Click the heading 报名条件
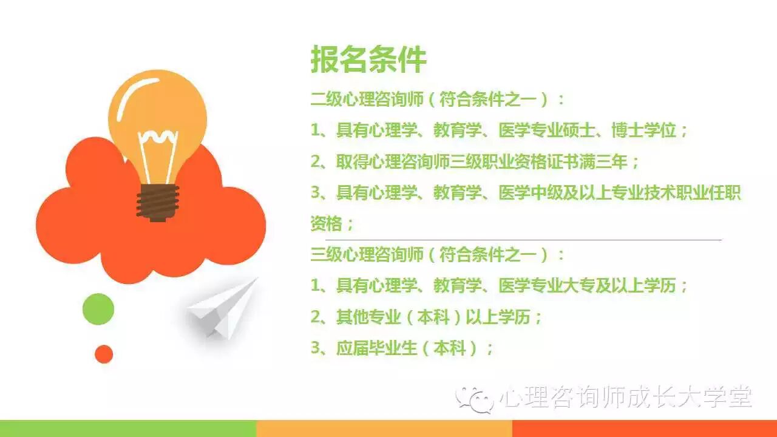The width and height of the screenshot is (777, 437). point(368,59)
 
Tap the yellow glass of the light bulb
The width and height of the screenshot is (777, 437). point(157,104)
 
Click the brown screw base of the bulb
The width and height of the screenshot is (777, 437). point(158,203)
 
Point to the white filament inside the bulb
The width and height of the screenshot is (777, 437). point(158,156)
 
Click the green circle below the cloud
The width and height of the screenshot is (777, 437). point(98,309)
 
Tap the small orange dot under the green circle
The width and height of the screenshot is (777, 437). point(104,354)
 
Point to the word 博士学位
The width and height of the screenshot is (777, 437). point(644,130)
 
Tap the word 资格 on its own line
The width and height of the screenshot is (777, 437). point(327,224)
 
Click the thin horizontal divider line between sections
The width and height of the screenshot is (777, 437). point(524,240)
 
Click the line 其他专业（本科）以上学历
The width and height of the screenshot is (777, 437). point(426,317)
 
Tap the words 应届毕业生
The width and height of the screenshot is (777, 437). point(376,348)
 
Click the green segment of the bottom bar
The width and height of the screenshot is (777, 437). point(128,429)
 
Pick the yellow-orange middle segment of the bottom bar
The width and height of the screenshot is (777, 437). point(385,429)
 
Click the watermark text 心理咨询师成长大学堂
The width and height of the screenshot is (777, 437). point(626,398)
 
